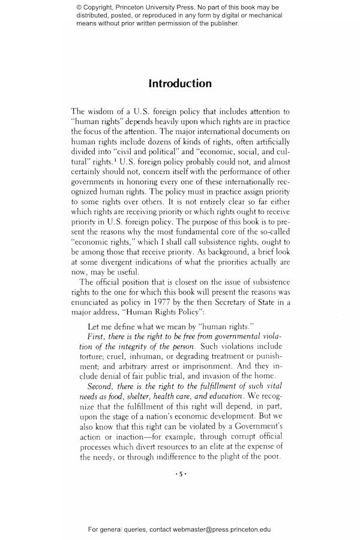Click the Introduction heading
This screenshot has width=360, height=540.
(x=180, y=83)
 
